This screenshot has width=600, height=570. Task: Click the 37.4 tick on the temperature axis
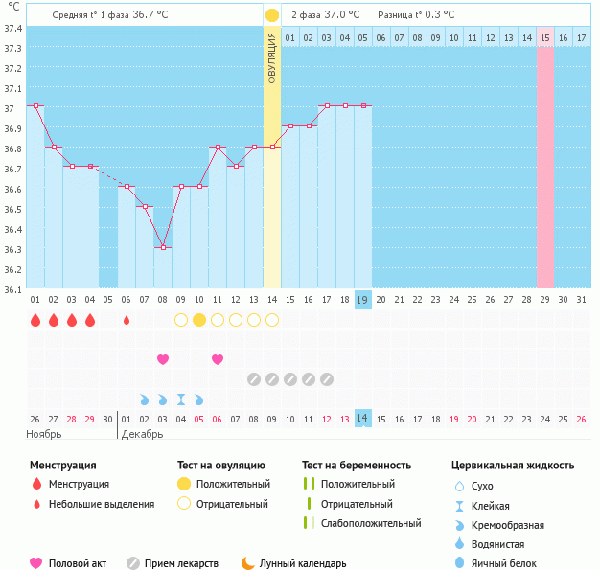(12, 28)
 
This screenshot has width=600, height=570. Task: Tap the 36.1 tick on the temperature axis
(12, 288)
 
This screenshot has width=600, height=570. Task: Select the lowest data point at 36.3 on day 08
(163, 247)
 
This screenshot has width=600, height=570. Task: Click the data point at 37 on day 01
(35, 106)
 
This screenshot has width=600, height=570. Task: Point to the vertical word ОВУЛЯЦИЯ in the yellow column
(272, 57)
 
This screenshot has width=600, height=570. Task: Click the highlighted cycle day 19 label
(363, 300)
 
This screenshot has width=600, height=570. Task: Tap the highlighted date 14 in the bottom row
(363, 419)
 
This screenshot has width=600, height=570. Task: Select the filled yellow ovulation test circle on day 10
(199, 320)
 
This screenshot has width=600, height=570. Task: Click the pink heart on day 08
(163, 359)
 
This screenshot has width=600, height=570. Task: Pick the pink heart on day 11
(218, 359)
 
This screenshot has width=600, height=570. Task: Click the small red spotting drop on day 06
(127, 320)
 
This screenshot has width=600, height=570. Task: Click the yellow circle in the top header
(272, 15)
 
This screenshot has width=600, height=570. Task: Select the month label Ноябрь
(44, 434)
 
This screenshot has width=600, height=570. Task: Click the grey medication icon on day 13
(254, 379)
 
